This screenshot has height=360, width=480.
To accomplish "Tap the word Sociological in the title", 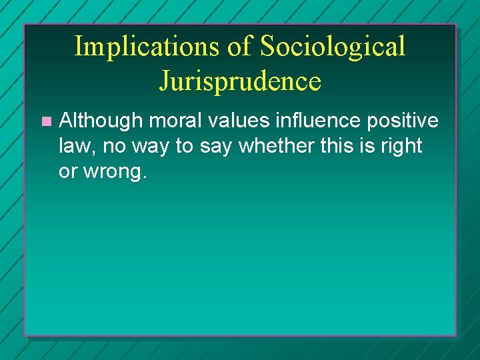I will tap(332, 47).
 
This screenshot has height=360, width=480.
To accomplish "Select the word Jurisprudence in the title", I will tap(240, 81).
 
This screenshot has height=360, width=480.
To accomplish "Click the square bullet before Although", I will tap(45, 121).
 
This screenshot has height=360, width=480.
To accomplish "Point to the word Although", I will tap(101, 121).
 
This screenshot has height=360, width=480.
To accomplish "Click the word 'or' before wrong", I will tap(67, 171).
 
